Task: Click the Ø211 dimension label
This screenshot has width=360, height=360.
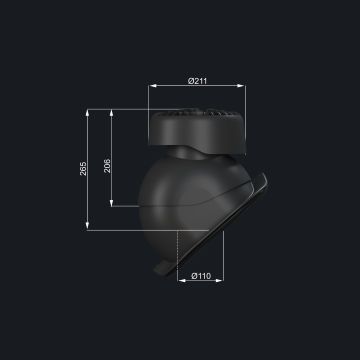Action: (197, 81)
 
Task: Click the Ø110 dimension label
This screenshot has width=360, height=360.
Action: (201, 276)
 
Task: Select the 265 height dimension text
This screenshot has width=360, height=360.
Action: (83, 169)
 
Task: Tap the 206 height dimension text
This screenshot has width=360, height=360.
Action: (107, 166)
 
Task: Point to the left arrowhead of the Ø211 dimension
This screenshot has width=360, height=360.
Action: (153, 86)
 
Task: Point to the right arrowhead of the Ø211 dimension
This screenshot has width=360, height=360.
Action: (241, 86)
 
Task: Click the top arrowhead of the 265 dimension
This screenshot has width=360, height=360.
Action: (88, 113)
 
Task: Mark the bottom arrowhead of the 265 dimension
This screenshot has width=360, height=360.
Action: (88, 226)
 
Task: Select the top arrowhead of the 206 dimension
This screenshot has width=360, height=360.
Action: (112, 113)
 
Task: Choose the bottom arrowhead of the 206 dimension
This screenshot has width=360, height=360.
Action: (112, 202)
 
